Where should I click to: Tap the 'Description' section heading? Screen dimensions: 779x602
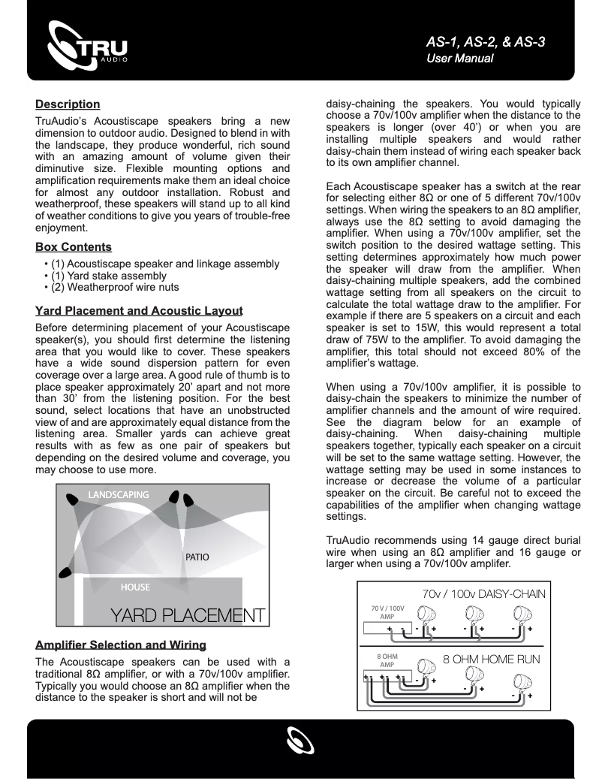(68, 104)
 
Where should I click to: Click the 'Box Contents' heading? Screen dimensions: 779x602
(74, 247)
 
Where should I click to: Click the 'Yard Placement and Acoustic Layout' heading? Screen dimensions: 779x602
(139, 311)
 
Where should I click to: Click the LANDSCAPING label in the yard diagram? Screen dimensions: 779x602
(118, 495)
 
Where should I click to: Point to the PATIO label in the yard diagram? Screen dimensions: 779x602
(197, 557)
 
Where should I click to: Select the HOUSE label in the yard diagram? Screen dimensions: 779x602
(135, 587)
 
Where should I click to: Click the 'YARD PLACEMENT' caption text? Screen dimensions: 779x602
(188, 615)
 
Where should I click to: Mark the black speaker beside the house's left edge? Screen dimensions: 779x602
(66, 574)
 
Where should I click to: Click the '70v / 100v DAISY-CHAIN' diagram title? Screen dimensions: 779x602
(484, 593)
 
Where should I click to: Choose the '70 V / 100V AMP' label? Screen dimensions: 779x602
(388, 611)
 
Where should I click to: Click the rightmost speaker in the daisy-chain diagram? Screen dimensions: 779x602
(519, 616)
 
